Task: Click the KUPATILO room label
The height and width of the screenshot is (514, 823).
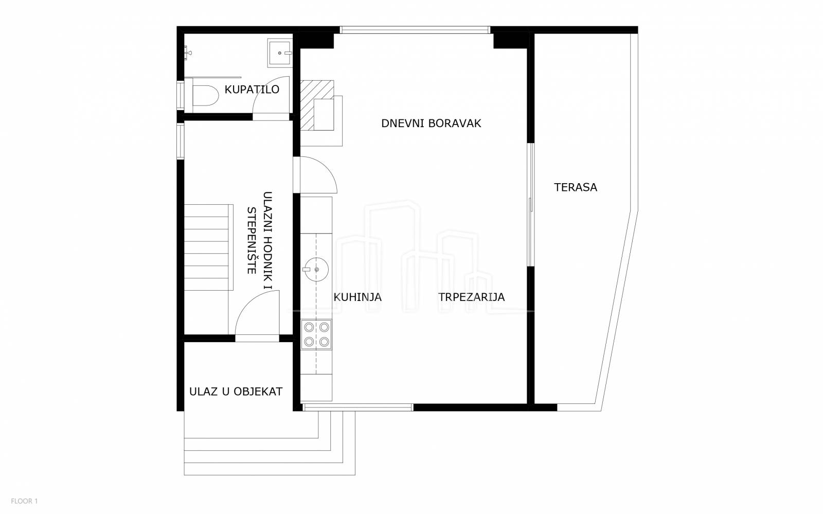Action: tap(252, 90)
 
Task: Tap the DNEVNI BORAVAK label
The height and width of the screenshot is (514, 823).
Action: tap(431, 123)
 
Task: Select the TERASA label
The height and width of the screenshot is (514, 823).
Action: tap(576, 187)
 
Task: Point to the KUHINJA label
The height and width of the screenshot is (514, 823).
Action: tap(357, 297)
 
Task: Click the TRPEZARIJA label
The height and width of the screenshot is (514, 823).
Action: tap(471, 297)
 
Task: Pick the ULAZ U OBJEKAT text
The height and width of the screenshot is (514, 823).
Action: tap(236, 392)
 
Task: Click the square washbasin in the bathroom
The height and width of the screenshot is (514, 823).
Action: tap(280, 54)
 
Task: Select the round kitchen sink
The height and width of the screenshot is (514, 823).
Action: tap(316, 269)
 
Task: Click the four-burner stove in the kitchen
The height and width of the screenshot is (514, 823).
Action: tap(316, 334)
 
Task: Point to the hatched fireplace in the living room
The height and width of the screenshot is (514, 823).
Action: tap(317, 105)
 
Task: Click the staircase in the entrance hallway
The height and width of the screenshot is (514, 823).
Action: tap(208, 247)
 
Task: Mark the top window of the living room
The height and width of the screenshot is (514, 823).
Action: tap(415, 30)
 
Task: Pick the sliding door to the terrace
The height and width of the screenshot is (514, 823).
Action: tap(530, 205)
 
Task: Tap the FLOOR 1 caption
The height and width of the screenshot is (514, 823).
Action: tap(24, 501)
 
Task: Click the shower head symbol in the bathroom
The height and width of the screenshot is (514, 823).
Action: tap(188, 52)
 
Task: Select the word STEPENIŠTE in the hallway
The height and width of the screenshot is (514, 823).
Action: tap(252, 241)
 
